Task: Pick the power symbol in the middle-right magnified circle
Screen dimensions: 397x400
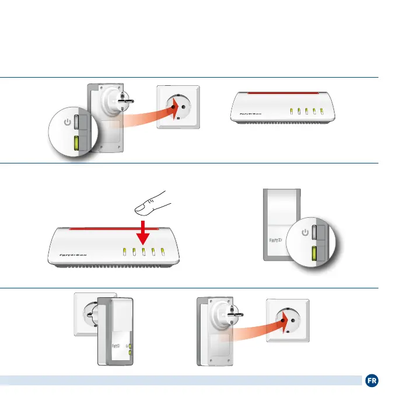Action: pos(304,232)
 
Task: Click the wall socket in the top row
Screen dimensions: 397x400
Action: pos(178,107)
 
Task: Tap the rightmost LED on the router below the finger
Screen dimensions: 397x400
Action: pos(164,252)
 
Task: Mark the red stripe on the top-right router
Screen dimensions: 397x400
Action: pos(284,93)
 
